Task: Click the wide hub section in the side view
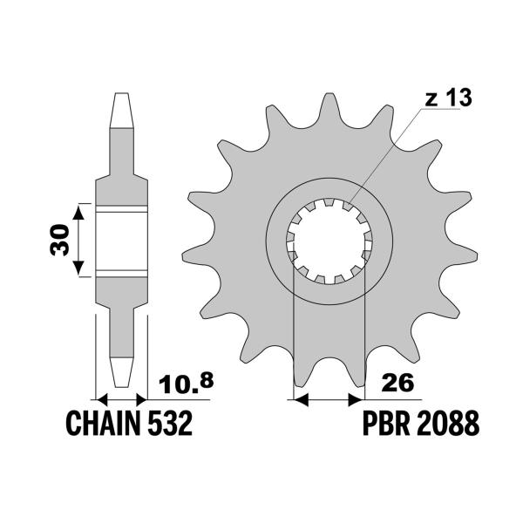point(121,239)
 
